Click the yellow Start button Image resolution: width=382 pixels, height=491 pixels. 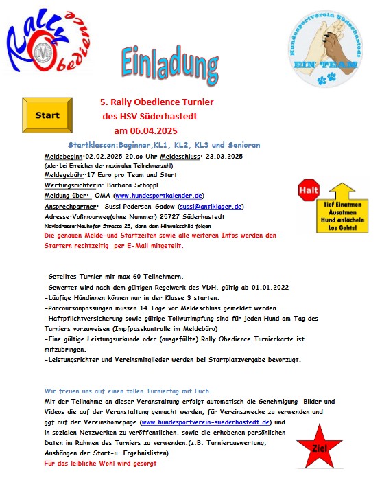pos(46,115)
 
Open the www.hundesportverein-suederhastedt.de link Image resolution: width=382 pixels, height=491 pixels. pos(205,421)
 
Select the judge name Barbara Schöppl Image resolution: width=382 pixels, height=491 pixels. pos(122,185)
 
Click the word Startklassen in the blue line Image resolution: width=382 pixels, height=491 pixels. pos(91,146)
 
